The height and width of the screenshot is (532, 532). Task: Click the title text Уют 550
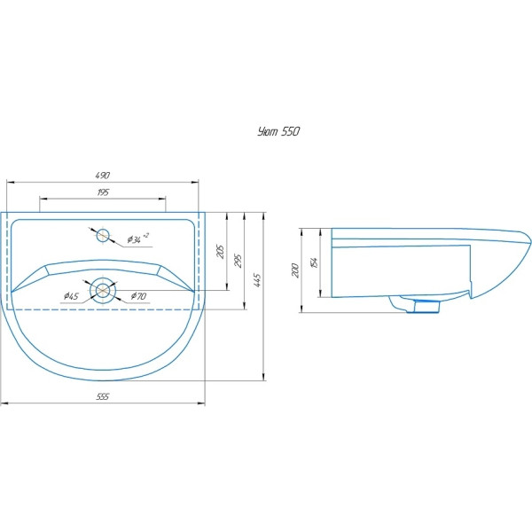[278, 131]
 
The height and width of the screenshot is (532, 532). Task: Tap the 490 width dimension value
[103, 176]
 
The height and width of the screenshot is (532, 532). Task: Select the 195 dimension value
[103, 192]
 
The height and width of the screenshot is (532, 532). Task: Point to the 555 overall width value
[103, 396]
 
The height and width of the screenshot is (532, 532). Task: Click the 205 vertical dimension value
[221, 252]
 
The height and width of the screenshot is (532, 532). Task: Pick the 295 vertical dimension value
[239, 261]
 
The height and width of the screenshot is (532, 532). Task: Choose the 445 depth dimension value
[257, 280]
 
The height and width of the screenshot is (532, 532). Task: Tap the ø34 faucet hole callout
[137, 239]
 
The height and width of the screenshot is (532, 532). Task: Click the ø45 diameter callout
[71, 296]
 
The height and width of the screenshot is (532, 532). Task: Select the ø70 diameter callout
[139, 296]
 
